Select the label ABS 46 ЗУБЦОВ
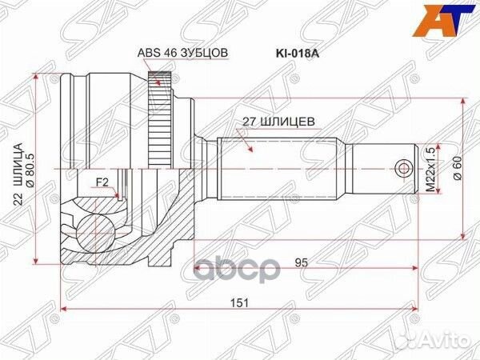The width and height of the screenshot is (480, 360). click(x=183, y=53)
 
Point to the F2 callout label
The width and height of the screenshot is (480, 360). click(x=102, y=182)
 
